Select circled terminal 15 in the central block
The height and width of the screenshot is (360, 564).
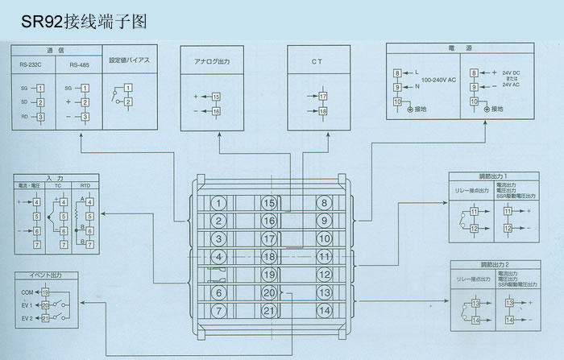(270, 202)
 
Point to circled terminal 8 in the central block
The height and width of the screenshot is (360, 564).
(324, 202)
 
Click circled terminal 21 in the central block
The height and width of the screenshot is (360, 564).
(270, 310)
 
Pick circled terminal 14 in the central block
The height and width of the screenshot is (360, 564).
(324, 310)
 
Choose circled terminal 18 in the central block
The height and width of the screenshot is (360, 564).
(270, 257)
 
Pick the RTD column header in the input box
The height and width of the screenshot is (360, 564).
(85, 185)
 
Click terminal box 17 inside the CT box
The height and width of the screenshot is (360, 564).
(323, 97)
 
